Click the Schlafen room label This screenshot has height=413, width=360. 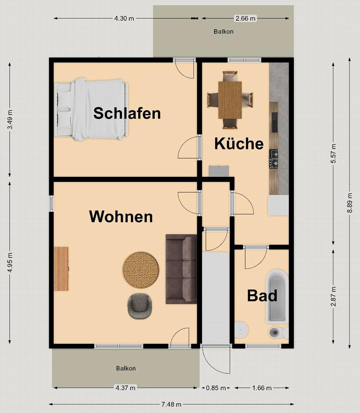point(127,113)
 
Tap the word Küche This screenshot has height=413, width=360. point(239,144)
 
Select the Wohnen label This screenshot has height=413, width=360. point(121,216)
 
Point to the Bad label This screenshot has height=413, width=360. point(262,296)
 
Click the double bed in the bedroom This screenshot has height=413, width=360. point(91,109)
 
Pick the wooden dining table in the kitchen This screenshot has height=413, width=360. point(230,100)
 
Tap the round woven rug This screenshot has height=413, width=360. point(141,270)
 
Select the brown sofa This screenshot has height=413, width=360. point(181,269)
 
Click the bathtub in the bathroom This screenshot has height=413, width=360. point(277,296)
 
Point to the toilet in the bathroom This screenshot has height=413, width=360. point(279,333)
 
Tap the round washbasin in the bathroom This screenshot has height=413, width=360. point(241,330)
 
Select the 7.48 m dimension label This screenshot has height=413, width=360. point(171,404)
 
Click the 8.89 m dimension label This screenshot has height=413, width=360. point(350,203)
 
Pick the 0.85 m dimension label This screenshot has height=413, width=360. point(216,388)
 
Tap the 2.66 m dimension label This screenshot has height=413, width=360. point(245,18)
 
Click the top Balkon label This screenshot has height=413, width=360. point(223,31)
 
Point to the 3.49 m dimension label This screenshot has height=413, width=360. point(10,120)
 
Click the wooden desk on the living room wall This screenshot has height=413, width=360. point(61,268)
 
